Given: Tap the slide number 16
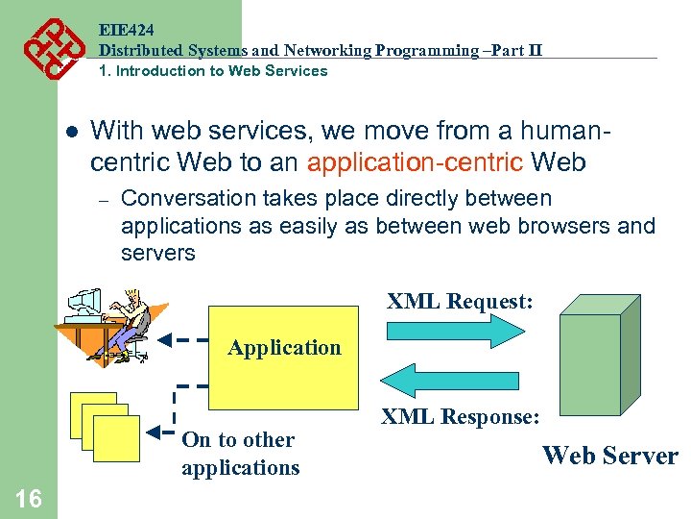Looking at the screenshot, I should pyautogui.click(x=29, y=498).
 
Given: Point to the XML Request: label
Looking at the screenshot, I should pyautogui.click(x=460, y=302).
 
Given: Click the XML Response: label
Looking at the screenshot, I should pyautogui.click(x=460, y=417).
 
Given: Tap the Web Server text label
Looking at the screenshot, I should pyautogui.click(x=610, y=456).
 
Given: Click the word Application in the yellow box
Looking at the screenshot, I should pyautogui.click(x=284, y=348).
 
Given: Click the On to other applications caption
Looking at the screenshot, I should pyautogui.click(x=240, y=454).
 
